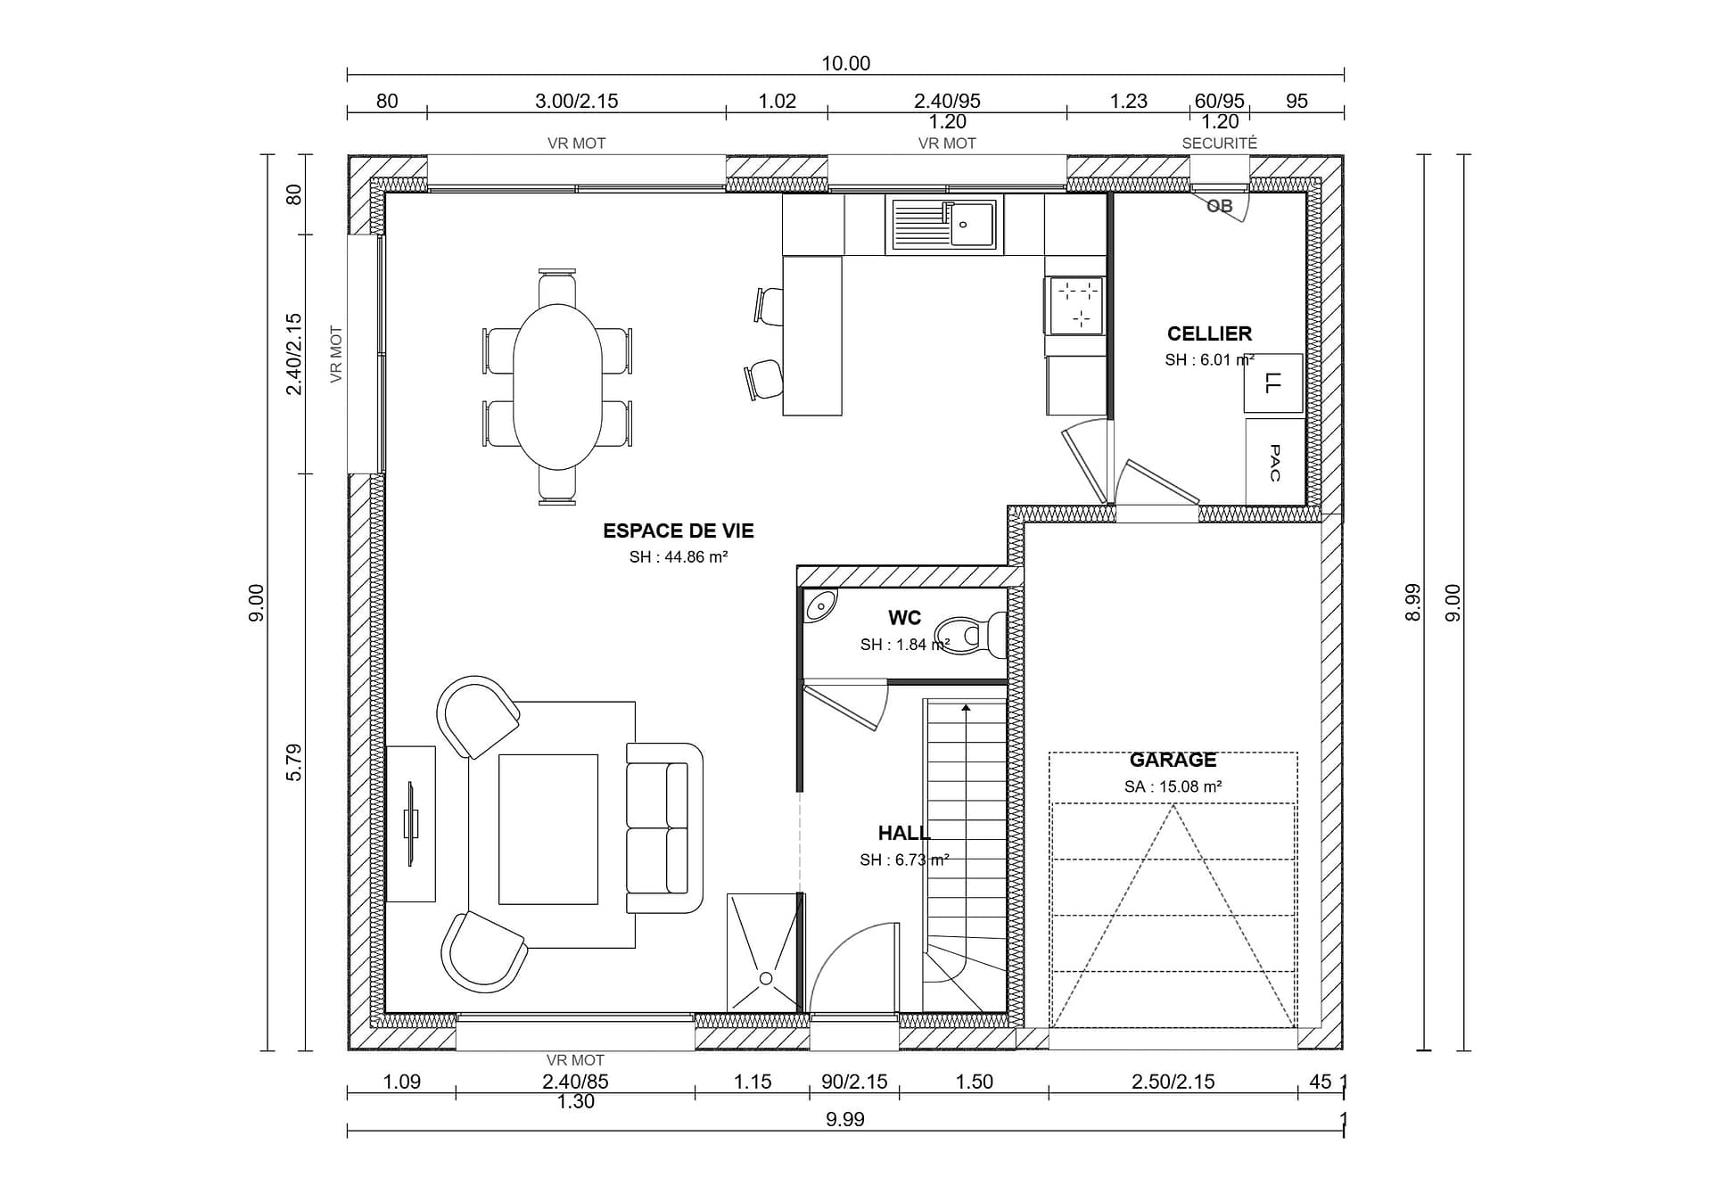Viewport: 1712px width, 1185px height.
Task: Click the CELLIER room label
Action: point(1209,333)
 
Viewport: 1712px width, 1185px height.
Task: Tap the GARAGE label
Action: point(1173,760)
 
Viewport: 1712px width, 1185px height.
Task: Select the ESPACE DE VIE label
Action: point(679,531)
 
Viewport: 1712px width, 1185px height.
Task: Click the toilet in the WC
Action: point(970,635)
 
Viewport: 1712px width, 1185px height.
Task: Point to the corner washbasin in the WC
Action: point(819,605)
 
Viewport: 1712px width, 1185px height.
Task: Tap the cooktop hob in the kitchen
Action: point(1077,304)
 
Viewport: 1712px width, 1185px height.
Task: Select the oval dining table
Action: point(557,386)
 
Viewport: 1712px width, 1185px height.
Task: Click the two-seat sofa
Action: point(664,828)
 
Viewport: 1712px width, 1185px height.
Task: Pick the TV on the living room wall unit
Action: point(411,823)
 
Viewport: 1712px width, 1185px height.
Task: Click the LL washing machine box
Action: point(1273,383)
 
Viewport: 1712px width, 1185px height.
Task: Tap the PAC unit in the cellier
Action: point(1274,462)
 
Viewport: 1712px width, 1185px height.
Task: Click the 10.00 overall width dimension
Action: point(845,63)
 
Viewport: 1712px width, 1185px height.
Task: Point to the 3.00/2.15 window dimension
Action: point(576,101)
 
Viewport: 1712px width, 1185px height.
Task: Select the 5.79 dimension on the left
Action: point(293,762)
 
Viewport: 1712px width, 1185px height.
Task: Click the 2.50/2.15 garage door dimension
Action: point(1173,1082)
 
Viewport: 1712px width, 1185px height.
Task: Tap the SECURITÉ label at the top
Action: point(1219,143)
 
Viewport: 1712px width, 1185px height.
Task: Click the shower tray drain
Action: point(765,979)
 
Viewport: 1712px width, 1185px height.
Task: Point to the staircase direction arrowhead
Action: point(966,709)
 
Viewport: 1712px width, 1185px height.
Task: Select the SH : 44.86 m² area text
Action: point(679,557)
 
